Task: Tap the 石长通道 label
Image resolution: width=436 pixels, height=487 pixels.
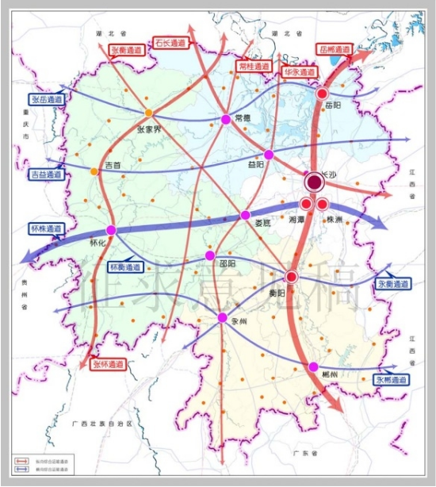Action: pos(171,42)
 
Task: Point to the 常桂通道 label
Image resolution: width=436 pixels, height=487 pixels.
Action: pos(254,67)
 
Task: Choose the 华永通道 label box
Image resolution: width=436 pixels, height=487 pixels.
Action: pos(299,71)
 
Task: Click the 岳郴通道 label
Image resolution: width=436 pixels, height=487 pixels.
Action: pos(335,49)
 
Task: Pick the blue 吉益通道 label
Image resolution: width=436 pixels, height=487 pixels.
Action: pos(46,174)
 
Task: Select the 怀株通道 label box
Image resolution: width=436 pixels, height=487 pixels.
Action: pos(45,228)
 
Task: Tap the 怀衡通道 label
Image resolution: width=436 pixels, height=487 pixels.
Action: pos(125,267)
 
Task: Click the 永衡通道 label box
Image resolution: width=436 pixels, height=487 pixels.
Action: pos(392,283)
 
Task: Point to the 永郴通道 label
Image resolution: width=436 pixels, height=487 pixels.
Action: pos(392,380)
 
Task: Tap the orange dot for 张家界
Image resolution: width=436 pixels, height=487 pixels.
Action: pos(148,113)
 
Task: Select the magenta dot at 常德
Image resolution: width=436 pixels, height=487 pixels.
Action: pos(225,119)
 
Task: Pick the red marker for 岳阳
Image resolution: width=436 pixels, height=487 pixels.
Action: pos(322,94)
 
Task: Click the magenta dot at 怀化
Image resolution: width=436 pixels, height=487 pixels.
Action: pos(111,230)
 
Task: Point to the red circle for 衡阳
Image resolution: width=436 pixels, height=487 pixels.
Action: pos(291,277)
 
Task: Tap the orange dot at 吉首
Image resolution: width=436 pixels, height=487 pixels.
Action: pos(95,171)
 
